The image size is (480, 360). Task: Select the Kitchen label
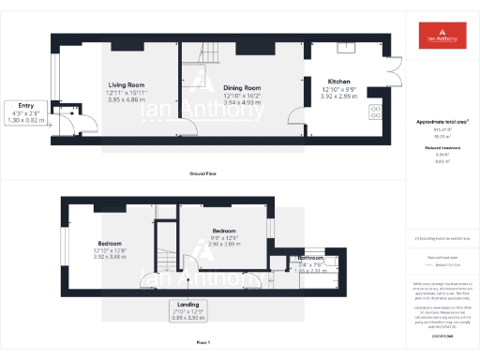(x=339, y=81)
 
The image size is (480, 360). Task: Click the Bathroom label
(x=310, y=258)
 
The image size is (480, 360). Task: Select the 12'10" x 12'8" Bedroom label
(x=110, y=244)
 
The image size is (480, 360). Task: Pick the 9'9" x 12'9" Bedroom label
(x=223, y=231)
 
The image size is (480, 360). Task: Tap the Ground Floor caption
(x=203, y=174)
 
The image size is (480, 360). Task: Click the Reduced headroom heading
(x=440, y=149)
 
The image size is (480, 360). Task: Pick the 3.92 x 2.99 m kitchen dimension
(x=339, y=97)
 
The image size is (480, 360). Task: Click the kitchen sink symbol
(x=350, y=46)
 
